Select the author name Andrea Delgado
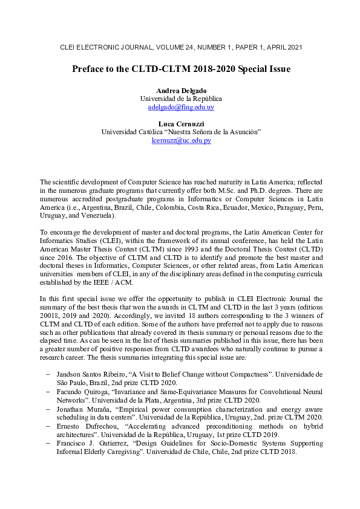[181, 90]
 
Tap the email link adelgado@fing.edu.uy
[181, 107]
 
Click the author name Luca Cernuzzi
[181, 123]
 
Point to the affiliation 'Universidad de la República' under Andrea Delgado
[181, 99]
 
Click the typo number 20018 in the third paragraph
[50, 315]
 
